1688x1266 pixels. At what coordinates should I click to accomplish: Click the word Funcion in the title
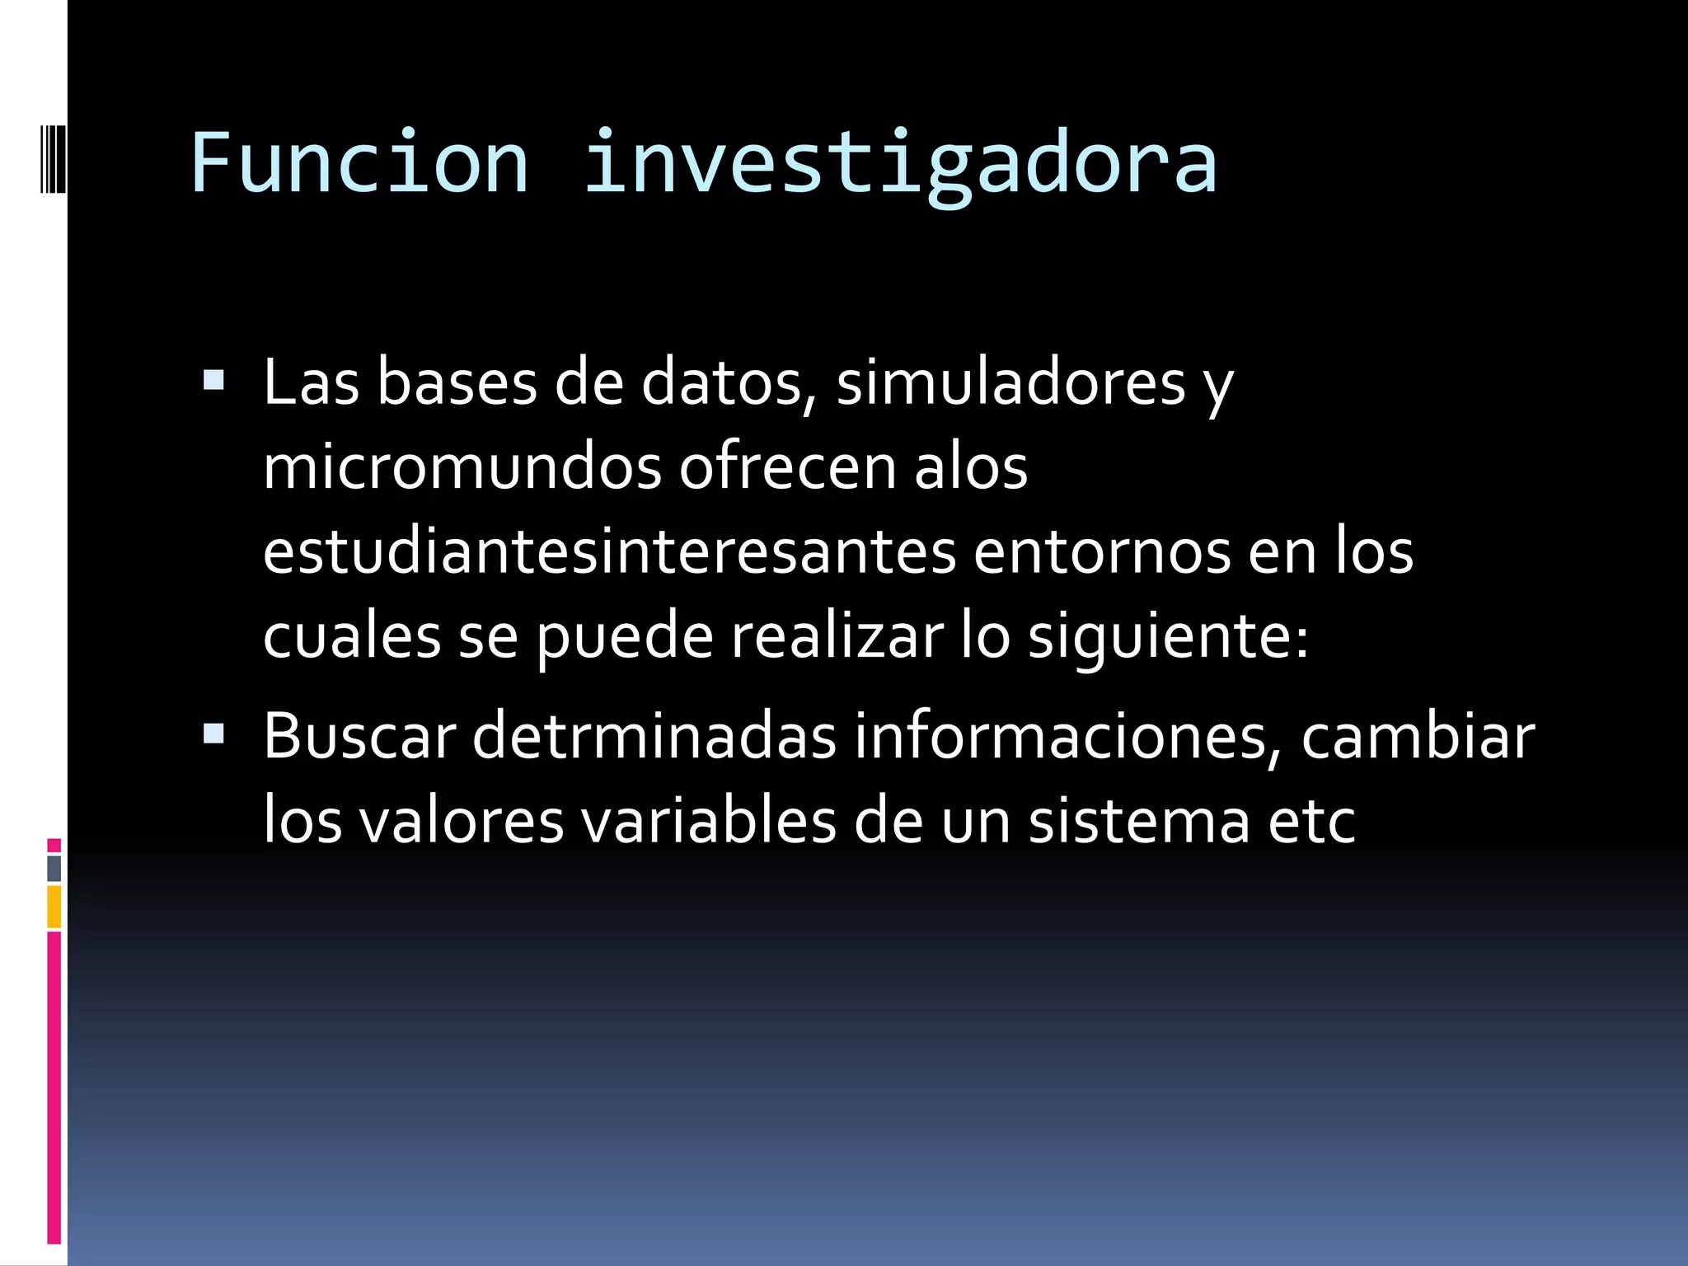[359, 162]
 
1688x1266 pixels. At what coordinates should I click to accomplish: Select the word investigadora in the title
[900, 165]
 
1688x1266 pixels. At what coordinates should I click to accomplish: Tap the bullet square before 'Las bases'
[213, 380]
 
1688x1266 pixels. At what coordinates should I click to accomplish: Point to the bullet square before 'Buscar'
[213, 733]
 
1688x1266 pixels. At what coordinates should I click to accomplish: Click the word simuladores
[1010, 383]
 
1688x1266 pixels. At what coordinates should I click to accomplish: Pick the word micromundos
[462, 468]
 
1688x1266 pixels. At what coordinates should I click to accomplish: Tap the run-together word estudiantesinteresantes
[609, 552]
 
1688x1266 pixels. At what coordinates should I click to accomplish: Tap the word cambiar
[1418, 736]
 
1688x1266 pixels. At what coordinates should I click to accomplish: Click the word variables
[708, 822]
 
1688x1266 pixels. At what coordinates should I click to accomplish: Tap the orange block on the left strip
[54, 907]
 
